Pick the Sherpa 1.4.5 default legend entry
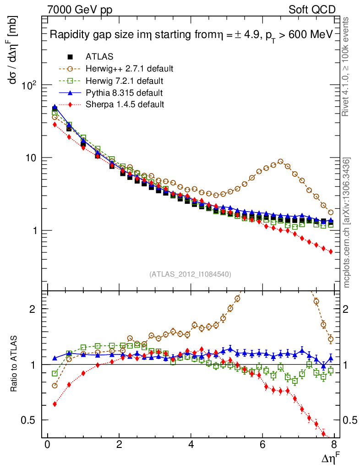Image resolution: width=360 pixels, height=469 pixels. point(125,104)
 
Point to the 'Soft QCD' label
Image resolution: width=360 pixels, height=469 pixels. point(312,9)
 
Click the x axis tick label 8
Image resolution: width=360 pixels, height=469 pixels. point(334,446)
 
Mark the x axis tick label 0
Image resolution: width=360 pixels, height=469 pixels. point(47,446)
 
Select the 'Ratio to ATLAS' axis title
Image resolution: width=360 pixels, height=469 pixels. point(15,365)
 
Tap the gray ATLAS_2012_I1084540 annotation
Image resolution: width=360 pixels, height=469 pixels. point(190,274)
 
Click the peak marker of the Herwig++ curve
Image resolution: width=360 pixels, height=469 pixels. point(280,161)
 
